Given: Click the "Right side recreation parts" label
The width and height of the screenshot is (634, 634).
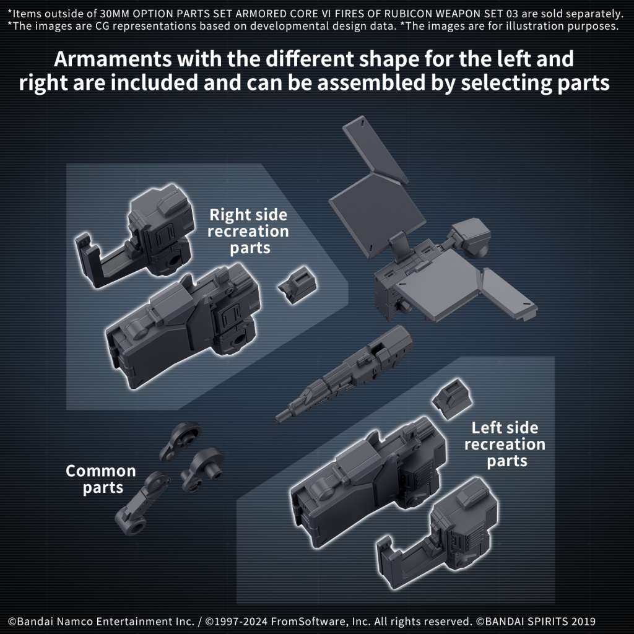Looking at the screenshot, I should tap(248, 232).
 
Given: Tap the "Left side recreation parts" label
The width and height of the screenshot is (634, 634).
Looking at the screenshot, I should tap(505, 444).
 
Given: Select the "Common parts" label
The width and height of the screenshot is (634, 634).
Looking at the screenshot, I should tap(92, 479).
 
